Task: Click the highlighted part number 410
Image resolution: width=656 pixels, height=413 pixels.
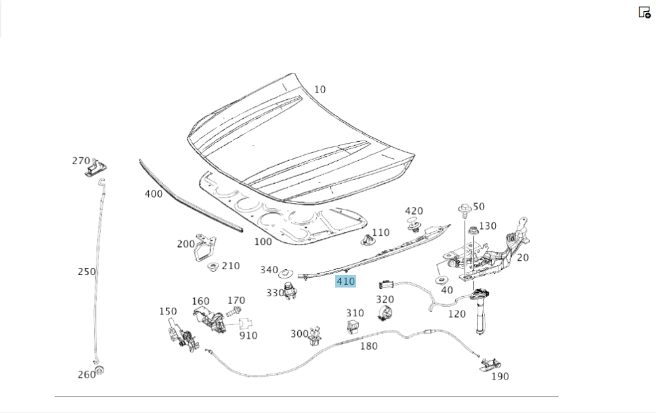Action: (x=345, y=282)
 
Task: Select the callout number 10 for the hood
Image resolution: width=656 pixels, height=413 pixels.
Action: (x=319, y=89)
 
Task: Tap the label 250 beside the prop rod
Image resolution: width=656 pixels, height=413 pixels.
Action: (x=87, y=271)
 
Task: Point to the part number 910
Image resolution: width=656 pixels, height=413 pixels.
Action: (x=248, y=336)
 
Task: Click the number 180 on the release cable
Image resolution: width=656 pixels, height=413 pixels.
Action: (x=369, y=345)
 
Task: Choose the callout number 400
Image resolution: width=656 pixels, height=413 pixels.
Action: (x=154, y=194)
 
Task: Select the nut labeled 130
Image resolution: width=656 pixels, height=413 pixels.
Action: (x=472, y=229)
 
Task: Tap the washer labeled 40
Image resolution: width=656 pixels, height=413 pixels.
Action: (x=440, y=280)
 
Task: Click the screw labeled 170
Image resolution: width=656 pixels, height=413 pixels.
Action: (x=235, y=311)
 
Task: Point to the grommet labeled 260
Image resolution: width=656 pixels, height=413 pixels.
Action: (x=99, y=371)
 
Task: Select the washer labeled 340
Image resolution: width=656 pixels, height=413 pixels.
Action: (x=286, y=272)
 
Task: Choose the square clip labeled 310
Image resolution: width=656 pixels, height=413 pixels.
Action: (x=354, y=326)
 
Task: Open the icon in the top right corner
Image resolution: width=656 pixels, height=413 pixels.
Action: (x=644, y=12)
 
